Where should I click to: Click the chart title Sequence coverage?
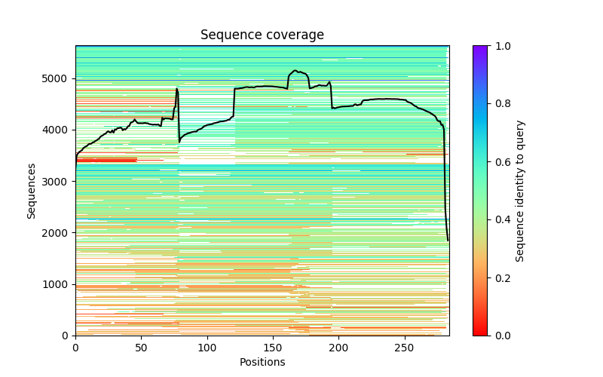pyautogui.click(x=262, y=35)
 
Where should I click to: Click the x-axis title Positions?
pyautogui.click(x=262, y=362)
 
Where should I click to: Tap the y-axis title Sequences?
pyautogui.click(x=32, y=190)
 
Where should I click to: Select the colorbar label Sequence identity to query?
pyautogui.click(x=520, y=190)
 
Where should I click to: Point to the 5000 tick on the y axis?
pyautogui.click(x=59, y=78)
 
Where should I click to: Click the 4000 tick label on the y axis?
pyautogui.click(x=59, y=130)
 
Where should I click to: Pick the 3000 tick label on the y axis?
pyautogui.click(x=59, y=181)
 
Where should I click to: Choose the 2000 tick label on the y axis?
pyautogui.click(x=59, y=232)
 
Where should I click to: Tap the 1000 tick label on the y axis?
pyautogui.click(x=59, y=284)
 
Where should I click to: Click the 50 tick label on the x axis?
pyautogui.click(x=141, y=348)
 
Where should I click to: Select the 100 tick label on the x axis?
pyautogui.click(x=207, y=348)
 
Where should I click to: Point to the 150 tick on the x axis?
pyautogui.click(x=273, y=348)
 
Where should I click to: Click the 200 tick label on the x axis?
pyautogui.click(x=339, y=348)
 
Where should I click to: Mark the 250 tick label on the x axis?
pyautogui.click(x=405, y=348)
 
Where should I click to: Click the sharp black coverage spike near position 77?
pyautogui.click(x=177, y=90)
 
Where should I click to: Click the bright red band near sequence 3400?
pyautogui.click(x=106, y=160)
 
